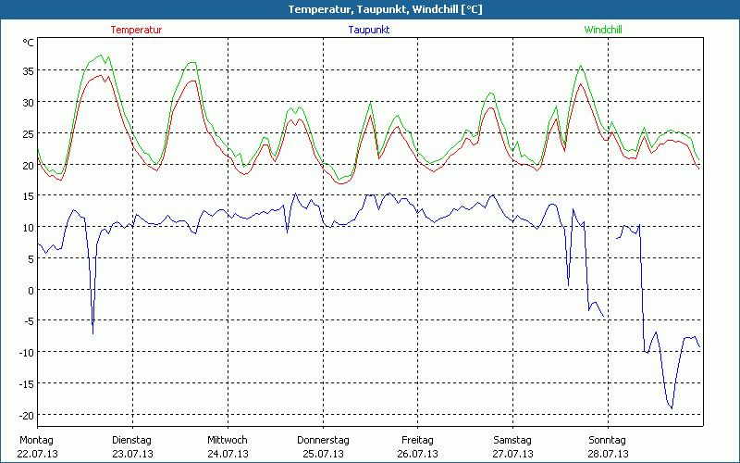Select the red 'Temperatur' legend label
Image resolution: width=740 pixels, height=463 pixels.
[x=136, y=30]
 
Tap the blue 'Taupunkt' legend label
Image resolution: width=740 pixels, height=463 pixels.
[x=368, y=30]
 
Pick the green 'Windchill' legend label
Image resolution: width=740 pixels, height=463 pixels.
[x=602, y=30]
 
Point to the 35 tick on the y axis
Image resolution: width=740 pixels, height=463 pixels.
[x=28, y=70]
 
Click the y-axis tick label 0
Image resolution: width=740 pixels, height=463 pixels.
[x=31, y=289]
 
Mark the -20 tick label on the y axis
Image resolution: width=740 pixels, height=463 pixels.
[x=26, y=414]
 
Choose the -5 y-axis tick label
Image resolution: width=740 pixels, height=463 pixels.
[x=28, y=320]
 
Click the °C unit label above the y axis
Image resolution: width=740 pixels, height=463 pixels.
[x=29, y=43]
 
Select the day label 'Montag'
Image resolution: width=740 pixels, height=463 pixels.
[x=36, y=440]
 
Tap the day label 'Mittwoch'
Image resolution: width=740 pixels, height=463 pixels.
[x=228, y=440]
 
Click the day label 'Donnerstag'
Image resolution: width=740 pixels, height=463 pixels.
[x=323, y=440]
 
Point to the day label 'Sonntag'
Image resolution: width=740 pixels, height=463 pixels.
[x=607, y=440]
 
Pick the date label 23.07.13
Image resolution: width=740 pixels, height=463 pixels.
[x=132, y=454]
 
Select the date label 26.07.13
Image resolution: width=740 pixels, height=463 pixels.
[x=417, y=454]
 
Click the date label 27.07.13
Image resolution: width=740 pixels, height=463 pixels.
[x=512, y=454]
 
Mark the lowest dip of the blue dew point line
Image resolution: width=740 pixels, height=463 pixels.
[x=672, y=408]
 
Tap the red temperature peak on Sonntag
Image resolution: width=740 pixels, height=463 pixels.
[x=581, y=84]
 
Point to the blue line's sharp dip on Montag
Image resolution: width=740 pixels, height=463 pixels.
[x=92, y=332]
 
